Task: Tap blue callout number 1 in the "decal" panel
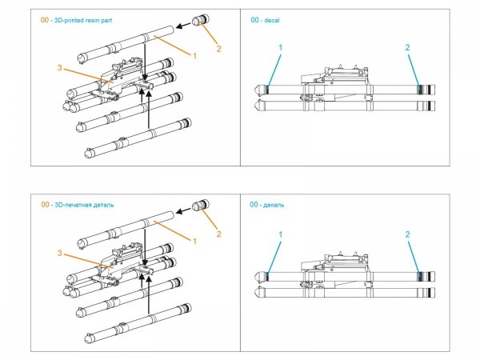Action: point(281,49)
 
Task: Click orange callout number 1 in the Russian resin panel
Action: point(194,241)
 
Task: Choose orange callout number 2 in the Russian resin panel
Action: point(218,235)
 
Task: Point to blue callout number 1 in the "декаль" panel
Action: point(281,234)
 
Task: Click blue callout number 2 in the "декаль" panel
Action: point(407,234)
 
